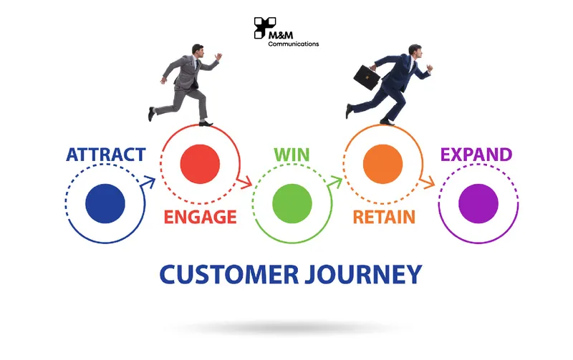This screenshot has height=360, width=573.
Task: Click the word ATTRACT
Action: (x=106, y=155)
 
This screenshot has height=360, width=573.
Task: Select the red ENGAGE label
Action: (x=201, y=217)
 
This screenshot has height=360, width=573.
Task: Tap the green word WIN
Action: (x=292, y=155)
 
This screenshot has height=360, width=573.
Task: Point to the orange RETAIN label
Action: (x=384, y=217)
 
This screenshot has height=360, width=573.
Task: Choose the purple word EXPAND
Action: (x=476, y=155)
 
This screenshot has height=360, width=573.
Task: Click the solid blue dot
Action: (x=105, y=203)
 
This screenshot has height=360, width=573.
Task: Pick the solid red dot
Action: (x=200, y=164)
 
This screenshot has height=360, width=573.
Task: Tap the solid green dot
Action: (x=292, y=203)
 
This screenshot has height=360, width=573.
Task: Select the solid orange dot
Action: (x=383, y=164)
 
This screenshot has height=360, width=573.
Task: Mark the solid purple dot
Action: (x=478, y=203)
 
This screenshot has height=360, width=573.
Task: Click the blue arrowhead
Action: (x=148, y=182)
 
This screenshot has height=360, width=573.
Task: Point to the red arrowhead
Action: (x=245, y=182)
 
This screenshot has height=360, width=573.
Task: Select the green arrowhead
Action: (x=334, y=182)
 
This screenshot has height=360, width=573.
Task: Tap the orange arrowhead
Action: (x=427, y=182)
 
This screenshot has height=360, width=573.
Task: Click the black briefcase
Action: (x=367, y=77)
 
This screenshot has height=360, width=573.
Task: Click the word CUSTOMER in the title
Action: (x=229, y=274)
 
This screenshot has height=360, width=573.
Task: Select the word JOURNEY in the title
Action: (x=364, y=275)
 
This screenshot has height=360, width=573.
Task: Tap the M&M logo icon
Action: (x=264, y=28)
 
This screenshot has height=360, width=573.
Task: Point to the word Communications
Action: (x=294, y=44)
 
